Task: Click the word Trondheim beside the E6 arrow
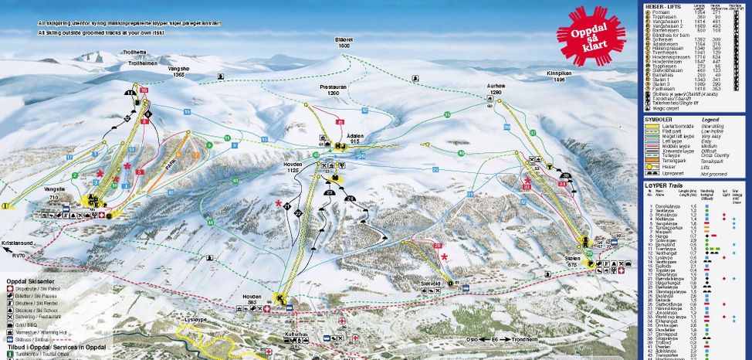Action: pyautogui.click(x=544, y=337)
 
